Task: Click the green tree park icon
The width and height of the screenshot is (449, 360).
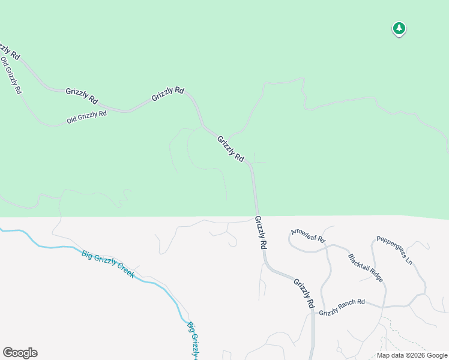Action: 399,28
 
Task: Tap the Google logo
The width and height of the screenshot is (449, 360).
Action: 20,353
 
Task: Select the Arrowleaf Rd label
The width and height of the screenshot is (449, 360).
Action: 308,235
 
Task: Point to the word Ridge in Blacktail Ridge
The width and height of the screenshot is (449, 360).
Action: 373,277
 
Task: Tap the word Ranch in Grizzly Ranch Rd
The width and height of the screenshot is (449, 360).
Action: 348,306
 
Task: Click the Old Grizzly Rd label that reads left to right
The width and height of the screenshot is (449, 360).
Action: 86,116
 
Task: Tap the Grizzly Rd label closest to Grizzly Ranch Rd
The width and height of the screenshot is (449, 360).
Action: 304,293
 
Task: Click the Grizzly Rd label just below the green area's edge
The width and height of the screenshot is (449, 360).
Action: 261,233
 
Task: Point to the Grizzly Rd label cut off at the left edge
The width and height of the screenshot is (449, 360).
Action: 9,51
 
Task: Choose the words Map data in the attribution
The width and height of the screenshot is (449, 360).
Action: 391,355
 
